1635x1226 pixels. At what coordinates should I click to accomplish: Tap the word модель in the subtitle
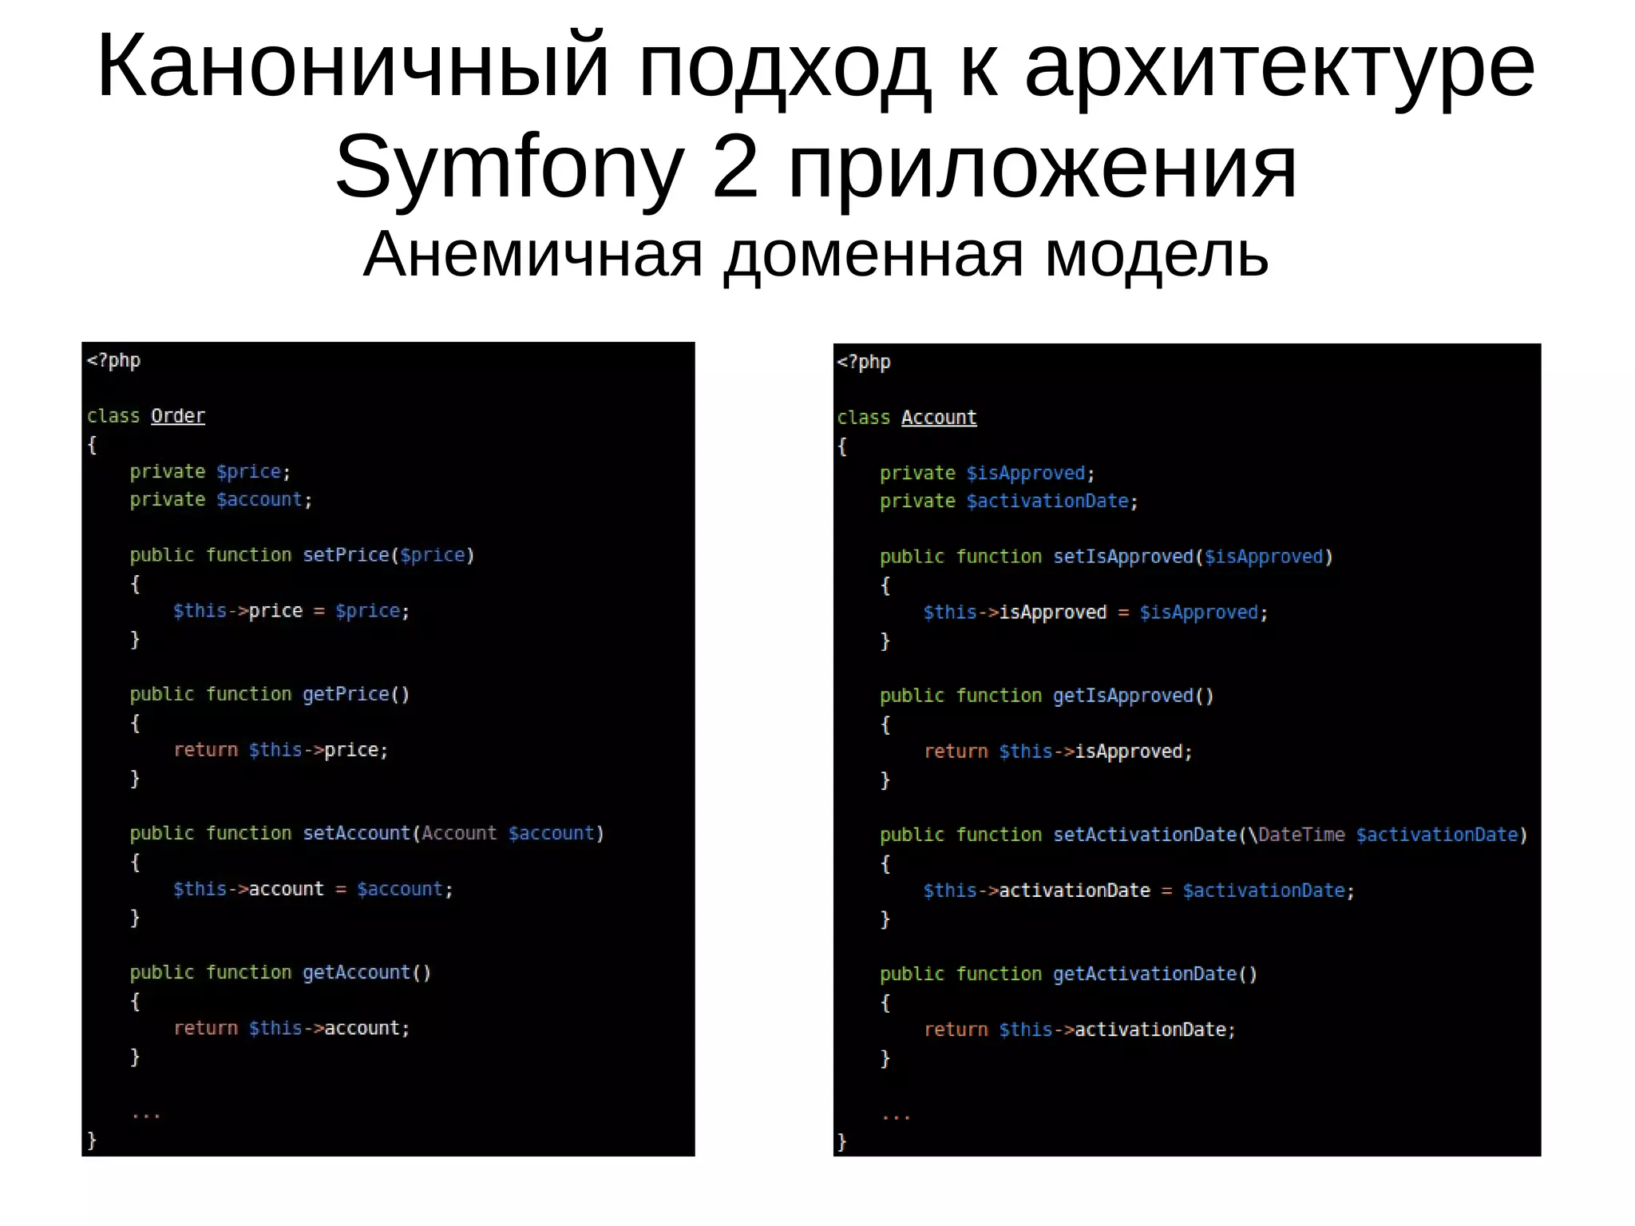1157,254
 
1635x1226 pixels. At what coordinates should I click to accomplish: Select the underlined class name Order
178,416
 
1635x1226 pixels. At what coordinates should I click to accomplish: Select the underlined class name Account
939,418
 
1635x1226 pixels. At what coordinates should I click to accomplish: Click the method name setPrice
346,555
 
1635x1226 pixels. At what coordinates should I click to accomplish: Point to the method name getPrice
346,694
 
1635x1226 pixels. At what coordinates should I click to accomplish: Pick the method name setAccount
356,833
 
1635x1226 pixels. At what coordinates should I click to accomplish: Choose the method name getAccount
356,972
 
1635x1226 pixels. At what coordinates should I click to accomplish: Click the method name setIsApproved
1122,557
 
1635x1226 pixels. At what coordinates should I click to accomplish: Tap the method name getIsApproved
1122,696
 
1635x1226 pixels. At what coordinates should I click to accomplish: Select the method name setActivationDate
1144,835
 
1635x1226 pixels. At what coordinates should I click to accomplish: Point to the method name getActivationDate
1144,974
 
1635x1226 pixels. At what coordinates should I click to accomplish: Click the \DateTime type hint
1297,835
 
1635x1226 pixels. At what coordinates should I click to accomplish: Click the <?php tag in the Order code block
113,360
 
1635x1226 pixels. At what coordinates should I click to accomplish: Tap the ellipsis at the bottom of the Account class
897,1116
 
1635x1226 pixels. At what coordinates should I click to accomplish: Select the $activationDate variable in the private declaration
1047,502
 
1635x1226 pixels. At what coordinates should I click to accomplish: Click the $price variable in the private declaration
248,472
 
